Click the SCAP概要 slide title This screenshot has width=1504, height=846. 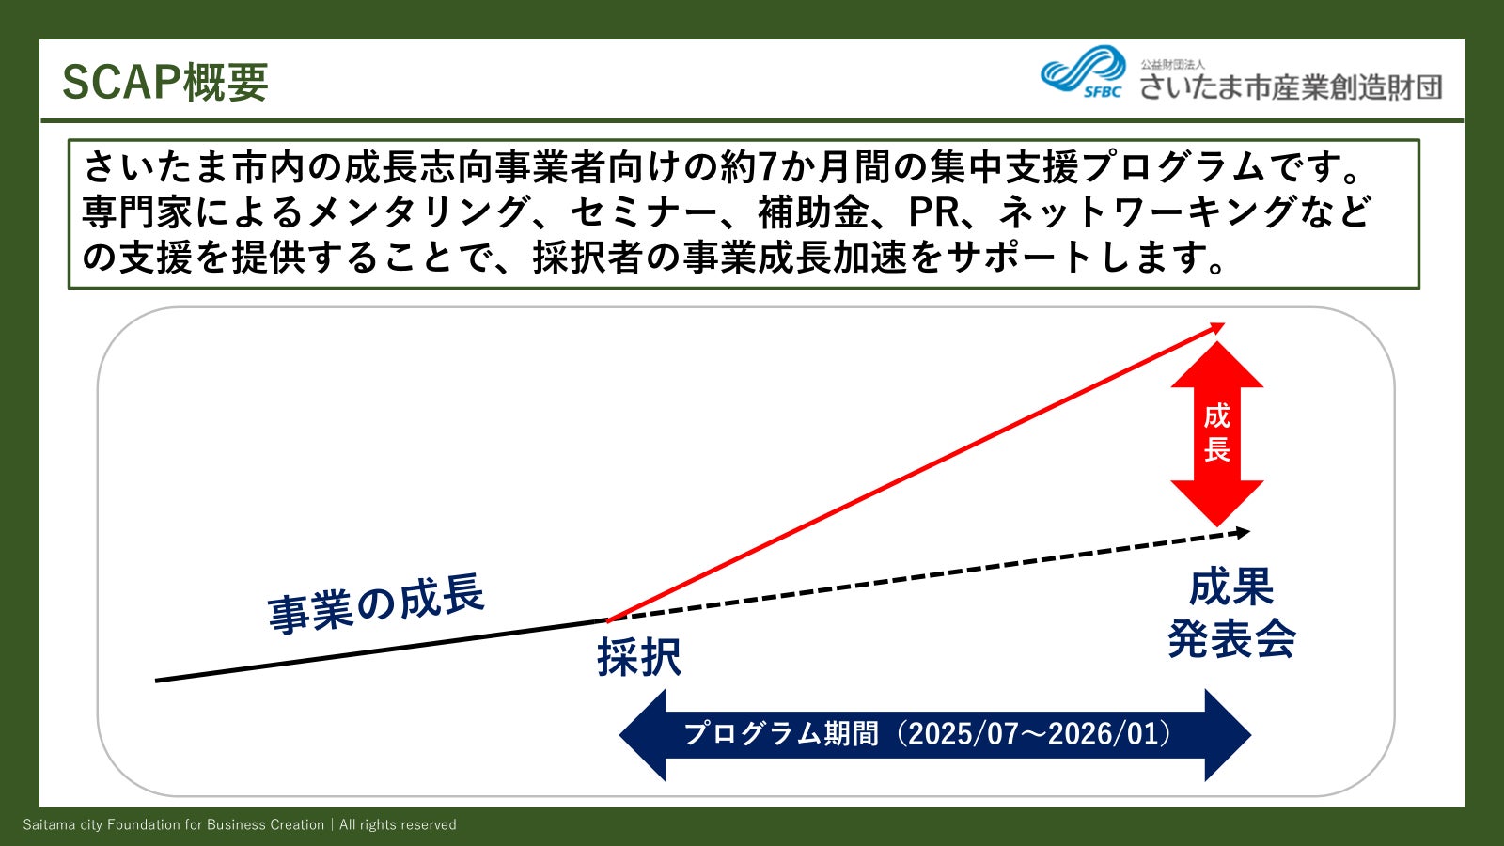point(165,83)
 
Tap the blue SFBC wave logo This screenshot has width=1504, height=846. point(1083,70)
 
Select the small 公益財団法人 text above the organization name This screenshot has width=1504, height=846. point(1172,65)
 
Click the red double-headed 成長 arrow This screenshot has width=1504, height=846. point(1216,433)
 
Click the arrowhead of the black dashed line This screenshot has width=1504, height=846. point(1243,532)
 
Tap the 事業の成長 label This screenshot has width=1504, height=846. point(375,603)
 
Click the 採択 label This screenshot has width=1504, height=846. point(639,657)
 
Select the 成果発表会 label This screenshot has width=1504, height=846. point(1231,612)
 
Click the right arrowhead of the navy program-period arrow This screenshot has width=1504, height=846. point(1228,735)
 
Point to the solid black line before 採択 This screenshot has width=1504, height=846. point(382,650)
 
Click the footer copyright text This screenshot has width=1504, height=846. point(240,824)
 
